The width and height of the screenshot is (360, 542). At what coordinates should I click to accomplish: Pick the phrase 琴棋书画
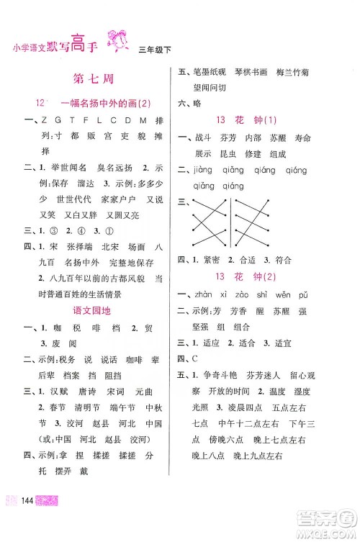[253, 73]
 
